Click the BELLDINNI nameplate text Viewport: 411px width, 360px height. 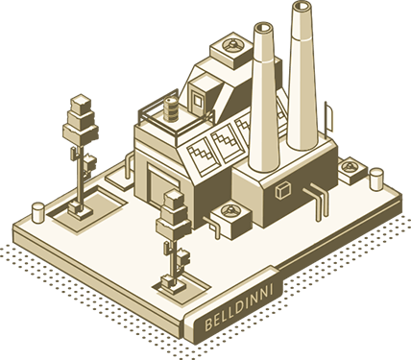tap(239, 307)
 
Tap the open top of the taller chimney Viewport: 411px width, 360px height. tap(302, 6)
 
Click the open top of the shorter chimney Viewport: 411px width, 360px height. tap(263, 28)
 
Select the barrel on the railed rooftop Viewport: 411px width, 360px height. tap(171, 109)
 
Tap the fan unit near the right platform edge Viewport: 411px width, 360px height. tap(352, 170)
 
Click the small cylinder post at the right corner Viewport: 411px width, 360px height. tap(376, 180)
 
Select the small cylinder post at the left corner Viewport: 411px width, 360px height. tap(38, 212)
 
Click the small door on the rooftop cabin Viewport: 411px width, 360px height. tap(198, 101)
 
